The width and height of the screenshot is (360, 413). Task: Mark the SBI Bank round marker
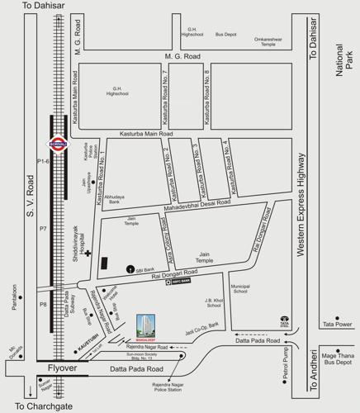coord(130,269)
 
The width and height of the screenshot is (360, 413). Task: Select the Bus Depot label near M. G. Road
coord(226,35)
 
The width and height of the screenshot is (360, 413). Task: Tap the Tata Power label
coord(338,324)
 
